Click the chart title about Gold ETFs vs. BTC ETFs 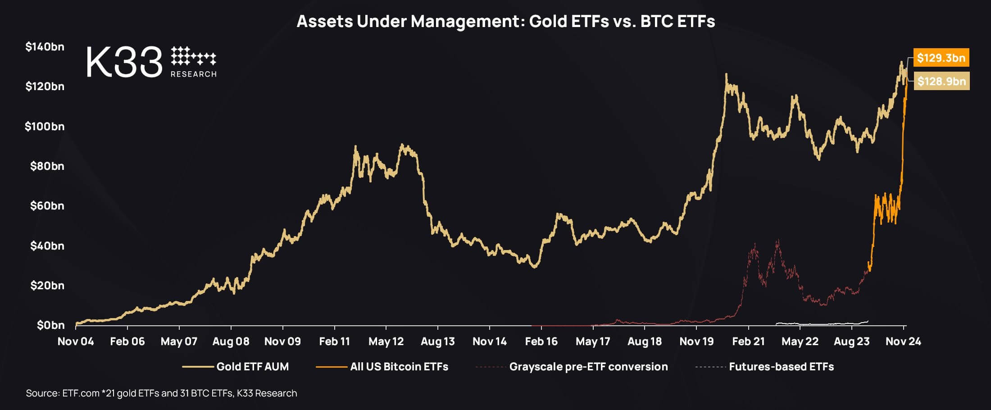505,22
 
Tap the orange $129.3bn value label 941,58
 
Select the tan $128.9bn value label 941,81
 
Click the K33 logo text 124,62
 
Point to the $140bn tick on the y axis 45,47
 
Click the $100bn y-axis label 45,127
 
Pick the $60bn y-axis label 47,206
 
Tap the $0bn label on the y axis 50,325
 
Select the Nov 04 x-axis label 76,342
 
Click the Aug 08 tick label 231,342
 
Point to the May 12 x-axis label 386,342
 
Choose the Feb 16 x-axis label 541,342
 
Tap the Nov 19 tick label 696,342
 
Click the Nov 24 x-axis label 903,342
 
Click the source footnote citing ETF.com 161,393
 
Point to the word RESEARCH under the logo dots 194,74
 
